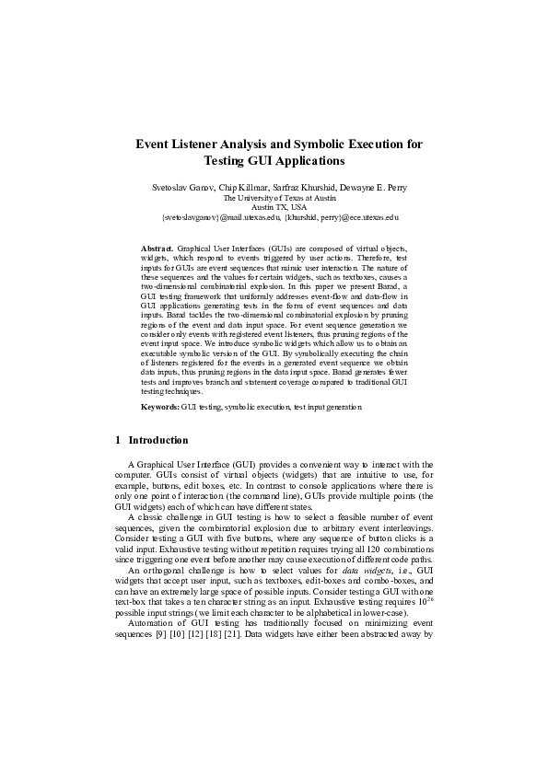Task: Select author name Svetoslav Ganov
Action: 184,188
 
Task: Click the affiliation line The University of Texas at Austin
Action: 274,198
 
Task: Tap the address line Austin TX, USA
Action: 274,207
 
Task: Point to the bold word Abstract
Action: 157,249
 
